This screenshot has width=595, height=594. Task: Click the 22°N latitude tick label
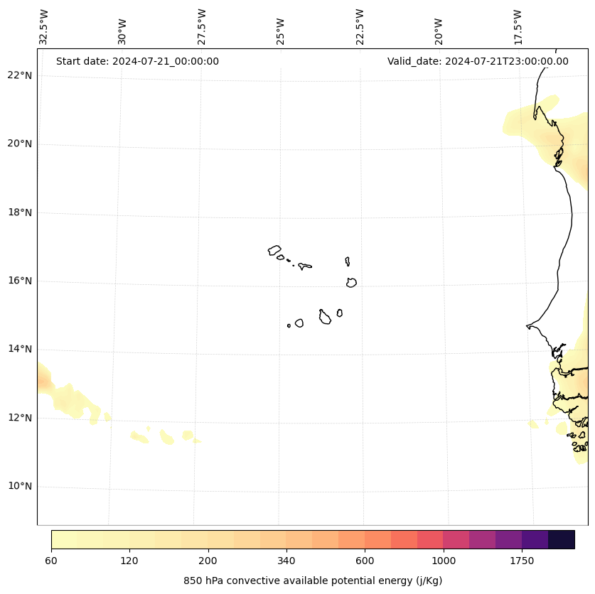click(x=20, y=75)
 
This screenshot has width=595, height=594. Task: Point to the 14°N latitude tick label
click(x=20, y=349)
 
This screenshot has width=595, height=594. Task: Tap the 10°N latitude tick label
click(x=20, y=486)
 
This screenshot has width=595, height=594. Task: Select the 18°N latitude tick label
click(x=20, y=212)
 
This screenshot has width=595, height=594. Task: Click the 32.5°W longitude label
click(x=44, y=28)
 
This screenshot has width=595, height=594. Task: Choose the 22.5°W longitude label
click(x=360, y=28)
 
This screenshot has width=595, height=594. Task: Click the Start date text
click(x=137, y=61)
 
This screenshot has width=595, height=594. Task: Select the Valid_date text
click(x=478, y=61)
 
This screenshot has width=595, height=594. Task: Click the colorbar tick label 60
click(x=51, y=561)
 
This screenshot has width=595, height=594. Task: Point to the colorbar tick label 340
click(x=286, y=561)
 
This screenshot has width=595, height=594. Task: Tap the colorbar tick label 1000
click(x=444, y=561)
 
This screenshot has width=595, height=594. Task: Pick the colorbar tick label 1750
click(x=522, y=561)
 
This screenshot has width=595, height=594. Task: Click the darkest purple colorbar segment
click(x=562, y=539)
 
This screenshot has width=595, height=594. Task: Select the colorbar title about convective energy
click(x=313, y=580)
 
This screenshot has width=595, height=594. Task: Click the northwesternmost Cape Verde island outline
click(x=274, y=250)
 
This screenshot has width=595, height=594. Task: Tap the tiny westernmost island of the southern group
click(x=289, y=325)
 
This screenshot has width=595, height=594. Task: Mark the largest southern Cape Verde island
click(x=324, y=317)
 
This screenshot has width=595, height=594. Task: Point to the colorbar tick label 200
click(x=208, y=561)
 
